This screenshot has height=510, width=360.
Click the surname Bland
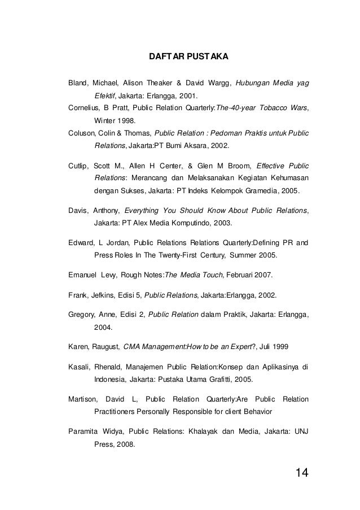[78, 84]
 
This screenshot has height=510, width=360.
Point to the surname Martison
[83, 400]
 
